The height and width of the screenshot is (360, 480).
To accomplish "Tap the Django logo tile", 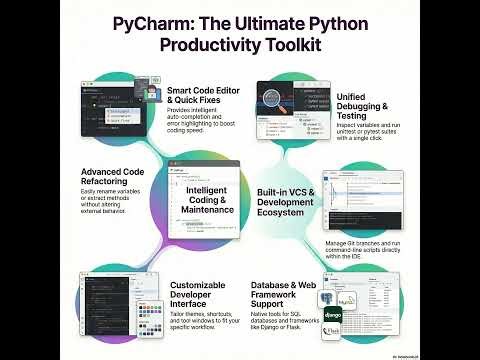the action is click(334, 317).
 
